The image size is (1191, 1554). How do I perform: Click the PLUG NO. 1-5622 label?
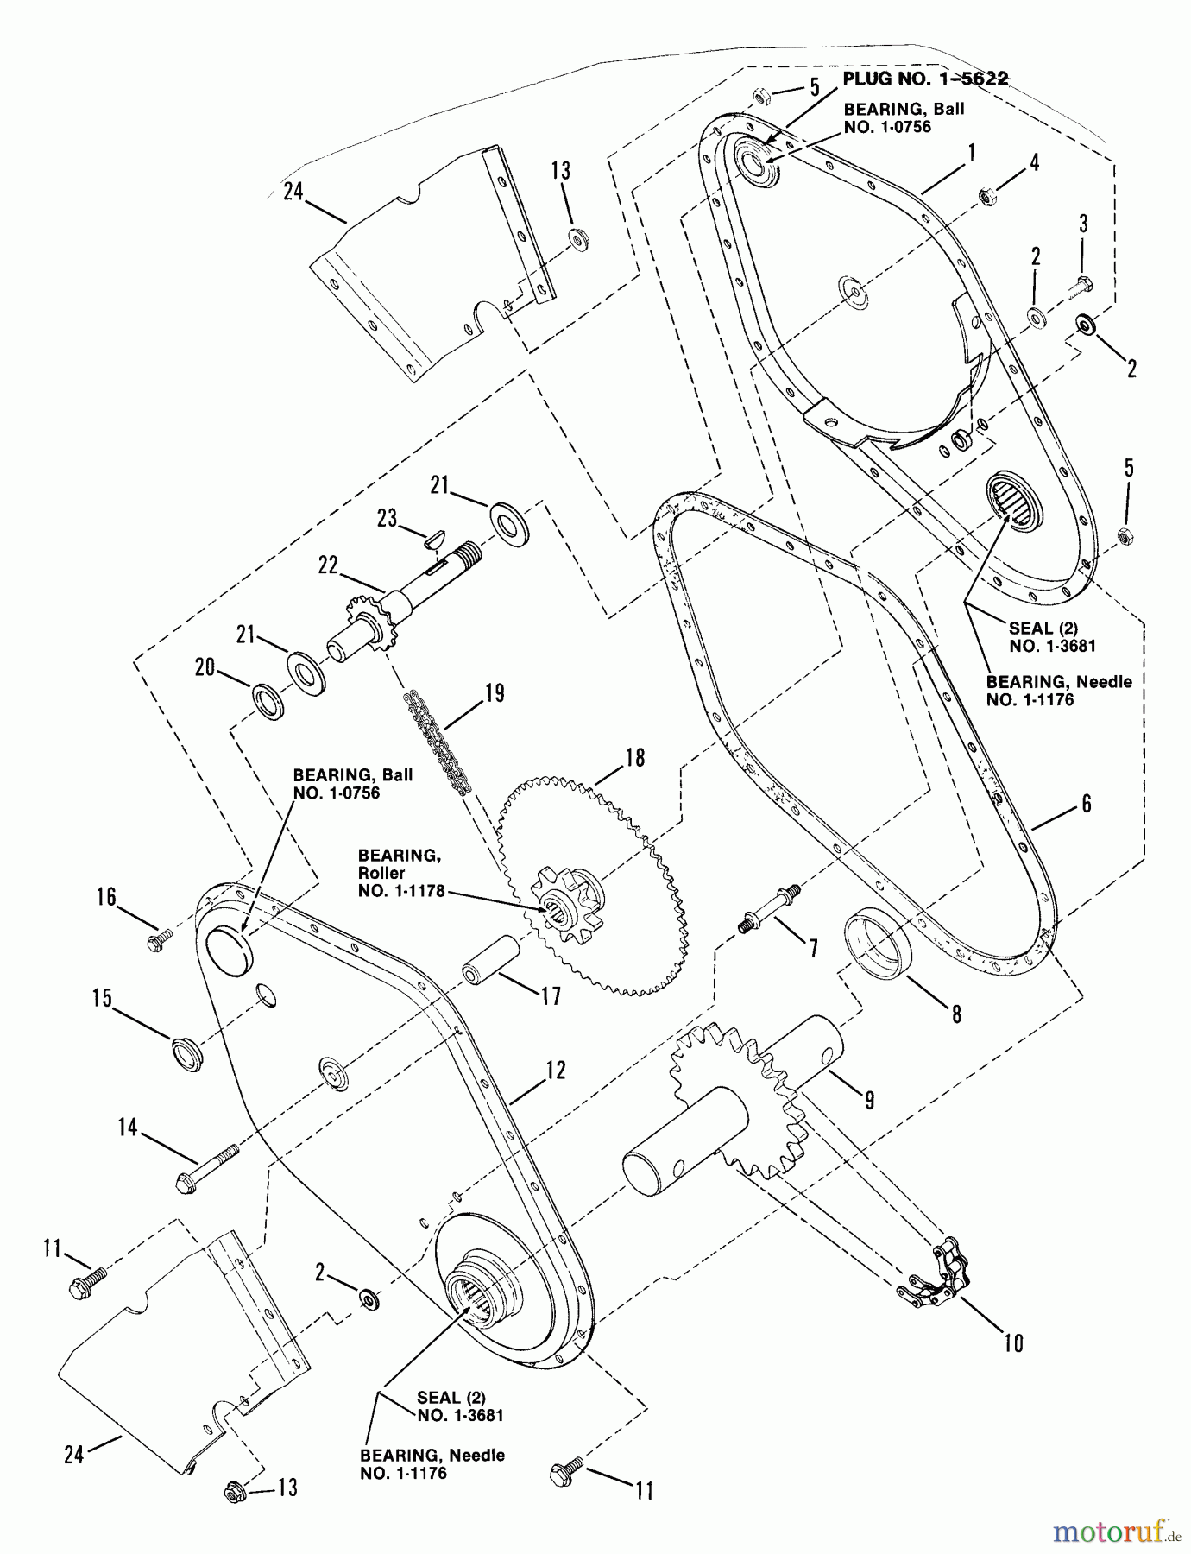[x=925, y=79]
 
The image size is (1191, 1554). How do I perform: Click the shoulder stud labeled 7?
[x=772, y=906]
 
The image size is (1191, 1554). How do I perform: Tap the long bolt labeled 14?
[x=207, y=1166]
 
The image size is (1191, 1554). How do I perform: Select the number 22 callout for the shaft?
[x=328, y=565]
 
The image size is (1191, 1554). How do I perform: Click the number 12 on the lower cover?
[x=556, y=1070]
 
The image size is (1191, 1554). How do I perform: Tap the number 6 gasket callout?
[x=1086, y=803]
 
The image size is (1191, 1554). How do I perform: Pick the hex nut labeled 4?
[x=988, y=197]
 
